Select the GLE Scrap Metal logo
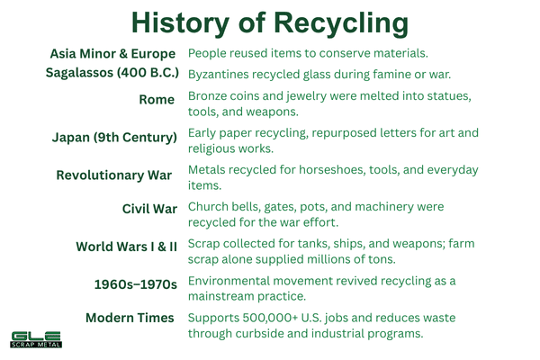click(36, 341)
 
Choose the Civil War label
click(149, 210)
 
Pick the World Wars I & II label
click(126, 247)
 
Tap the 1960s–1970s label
click(136, 283)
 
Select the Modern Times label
click(130, 319)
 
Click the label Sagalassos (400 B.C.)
click(112, 73)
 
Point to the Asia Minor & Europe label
click(112, 54)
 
